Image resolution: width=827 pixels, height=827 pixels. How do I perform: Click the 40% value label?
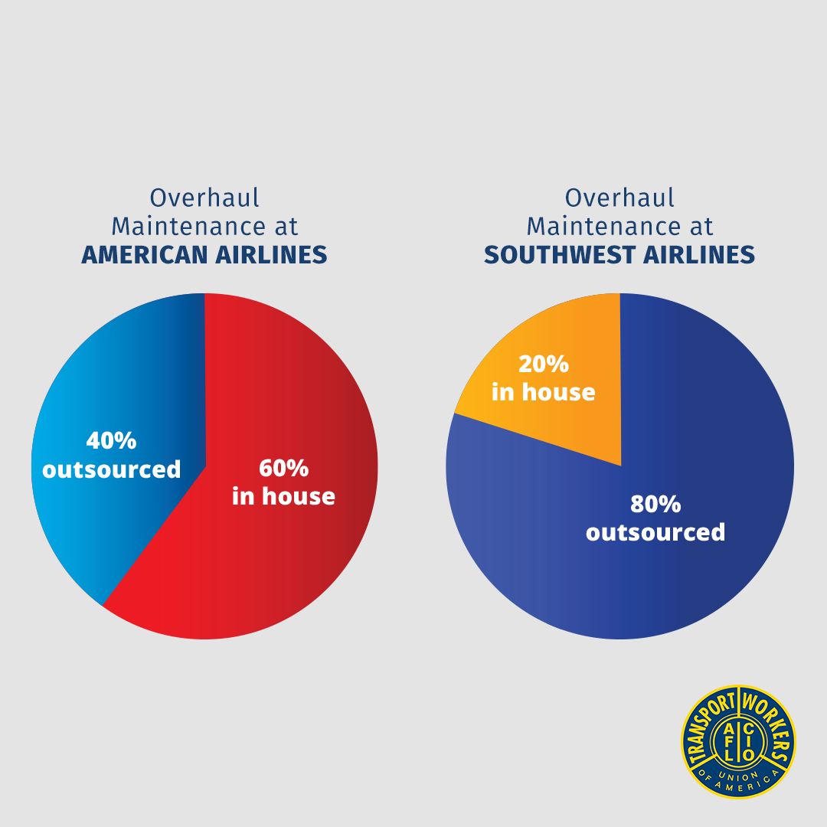point(111,440)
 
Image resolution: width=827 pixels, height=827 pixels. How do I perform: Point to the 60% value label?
point(284,468)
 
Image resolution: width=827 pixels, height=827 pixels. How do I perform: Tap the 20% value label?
point(544,364)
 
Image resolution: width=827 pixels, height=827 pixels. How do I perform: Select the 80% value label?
point(655,504)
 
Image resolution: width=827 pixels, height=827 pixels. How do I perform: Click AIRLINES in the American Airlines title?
point(271,255)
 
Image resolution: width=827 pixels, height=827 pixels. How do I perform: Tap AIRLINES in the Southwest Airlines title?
point(699,255)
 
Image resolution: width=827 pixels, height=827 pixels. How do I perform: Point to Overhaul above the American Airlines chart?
point(204,198)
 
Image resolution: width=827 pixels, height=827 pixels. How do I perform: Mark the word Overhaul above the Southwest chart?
point(619,198)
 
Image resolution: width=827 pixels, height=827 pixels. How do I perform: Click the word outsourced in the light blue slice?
point(111,469)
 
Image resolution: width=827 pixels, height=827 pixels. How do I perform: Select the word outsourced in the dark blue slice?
point(655,532)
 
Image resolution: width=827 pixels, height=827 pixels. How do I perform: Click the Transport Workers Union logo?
point(738,741)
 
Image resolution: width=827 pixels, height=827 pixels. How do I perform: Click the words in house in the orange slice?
point(544,392)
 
